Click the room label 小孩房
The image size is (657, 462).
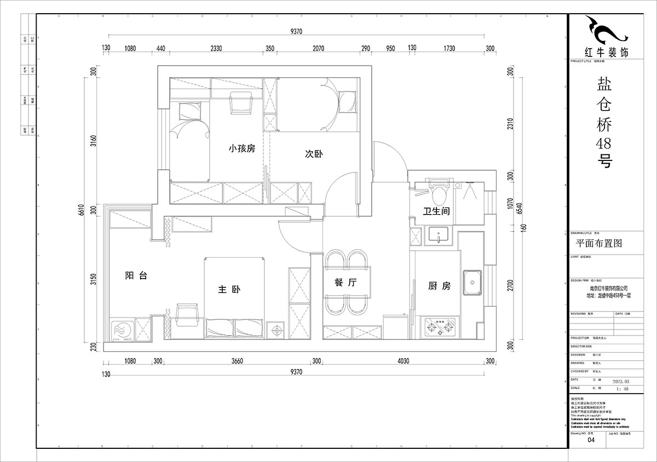pos(242,149)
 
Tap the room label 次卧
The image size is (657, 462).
pos(314,154)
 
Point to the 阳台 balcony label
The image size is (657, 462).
pos(136,276)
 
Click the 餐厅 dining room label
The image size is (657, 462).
pos(345,283)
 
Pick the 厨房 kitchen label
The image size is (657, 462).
pos(439,286)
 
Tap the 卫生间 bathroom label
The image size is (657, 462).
pos(436,211)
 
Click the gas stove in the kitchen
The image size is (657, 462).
pos(440,327)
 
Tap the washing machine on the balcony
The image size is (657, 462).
pos(120,331)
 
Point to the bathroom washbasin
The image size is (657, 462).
pos(439,235)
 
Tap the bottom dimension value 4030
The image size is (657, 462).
pos(402,361)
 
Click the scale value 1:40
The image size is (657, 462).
pos(623,389)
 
